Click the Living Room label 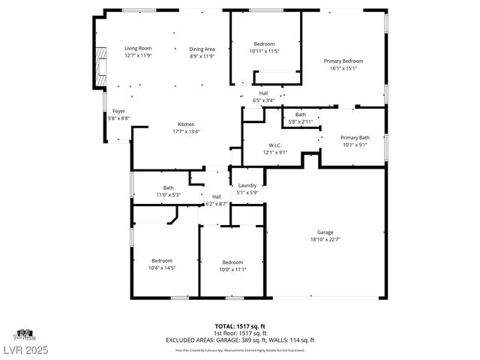[137, 48]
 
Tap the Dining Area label [202, 48]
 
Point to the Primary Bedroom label [343, 61]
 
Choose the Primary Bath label [355, 137]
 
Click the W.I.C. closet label [274, 145]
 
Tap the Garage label [325, 232]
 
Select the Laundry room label [247, 185]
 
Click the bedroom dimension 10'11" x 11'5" [263, 51]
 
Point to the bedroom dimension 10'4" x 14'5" [161, 268]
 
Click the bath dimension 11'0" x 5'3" [169, 195]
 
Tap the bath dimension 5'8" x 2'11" [300, 121]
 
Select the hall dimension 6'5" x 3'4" [263, 100]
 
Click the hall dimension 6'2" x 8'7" [216, 203]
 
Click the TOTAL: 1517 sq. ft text [239, 327]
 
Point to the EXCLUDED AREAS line [239, 340]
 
